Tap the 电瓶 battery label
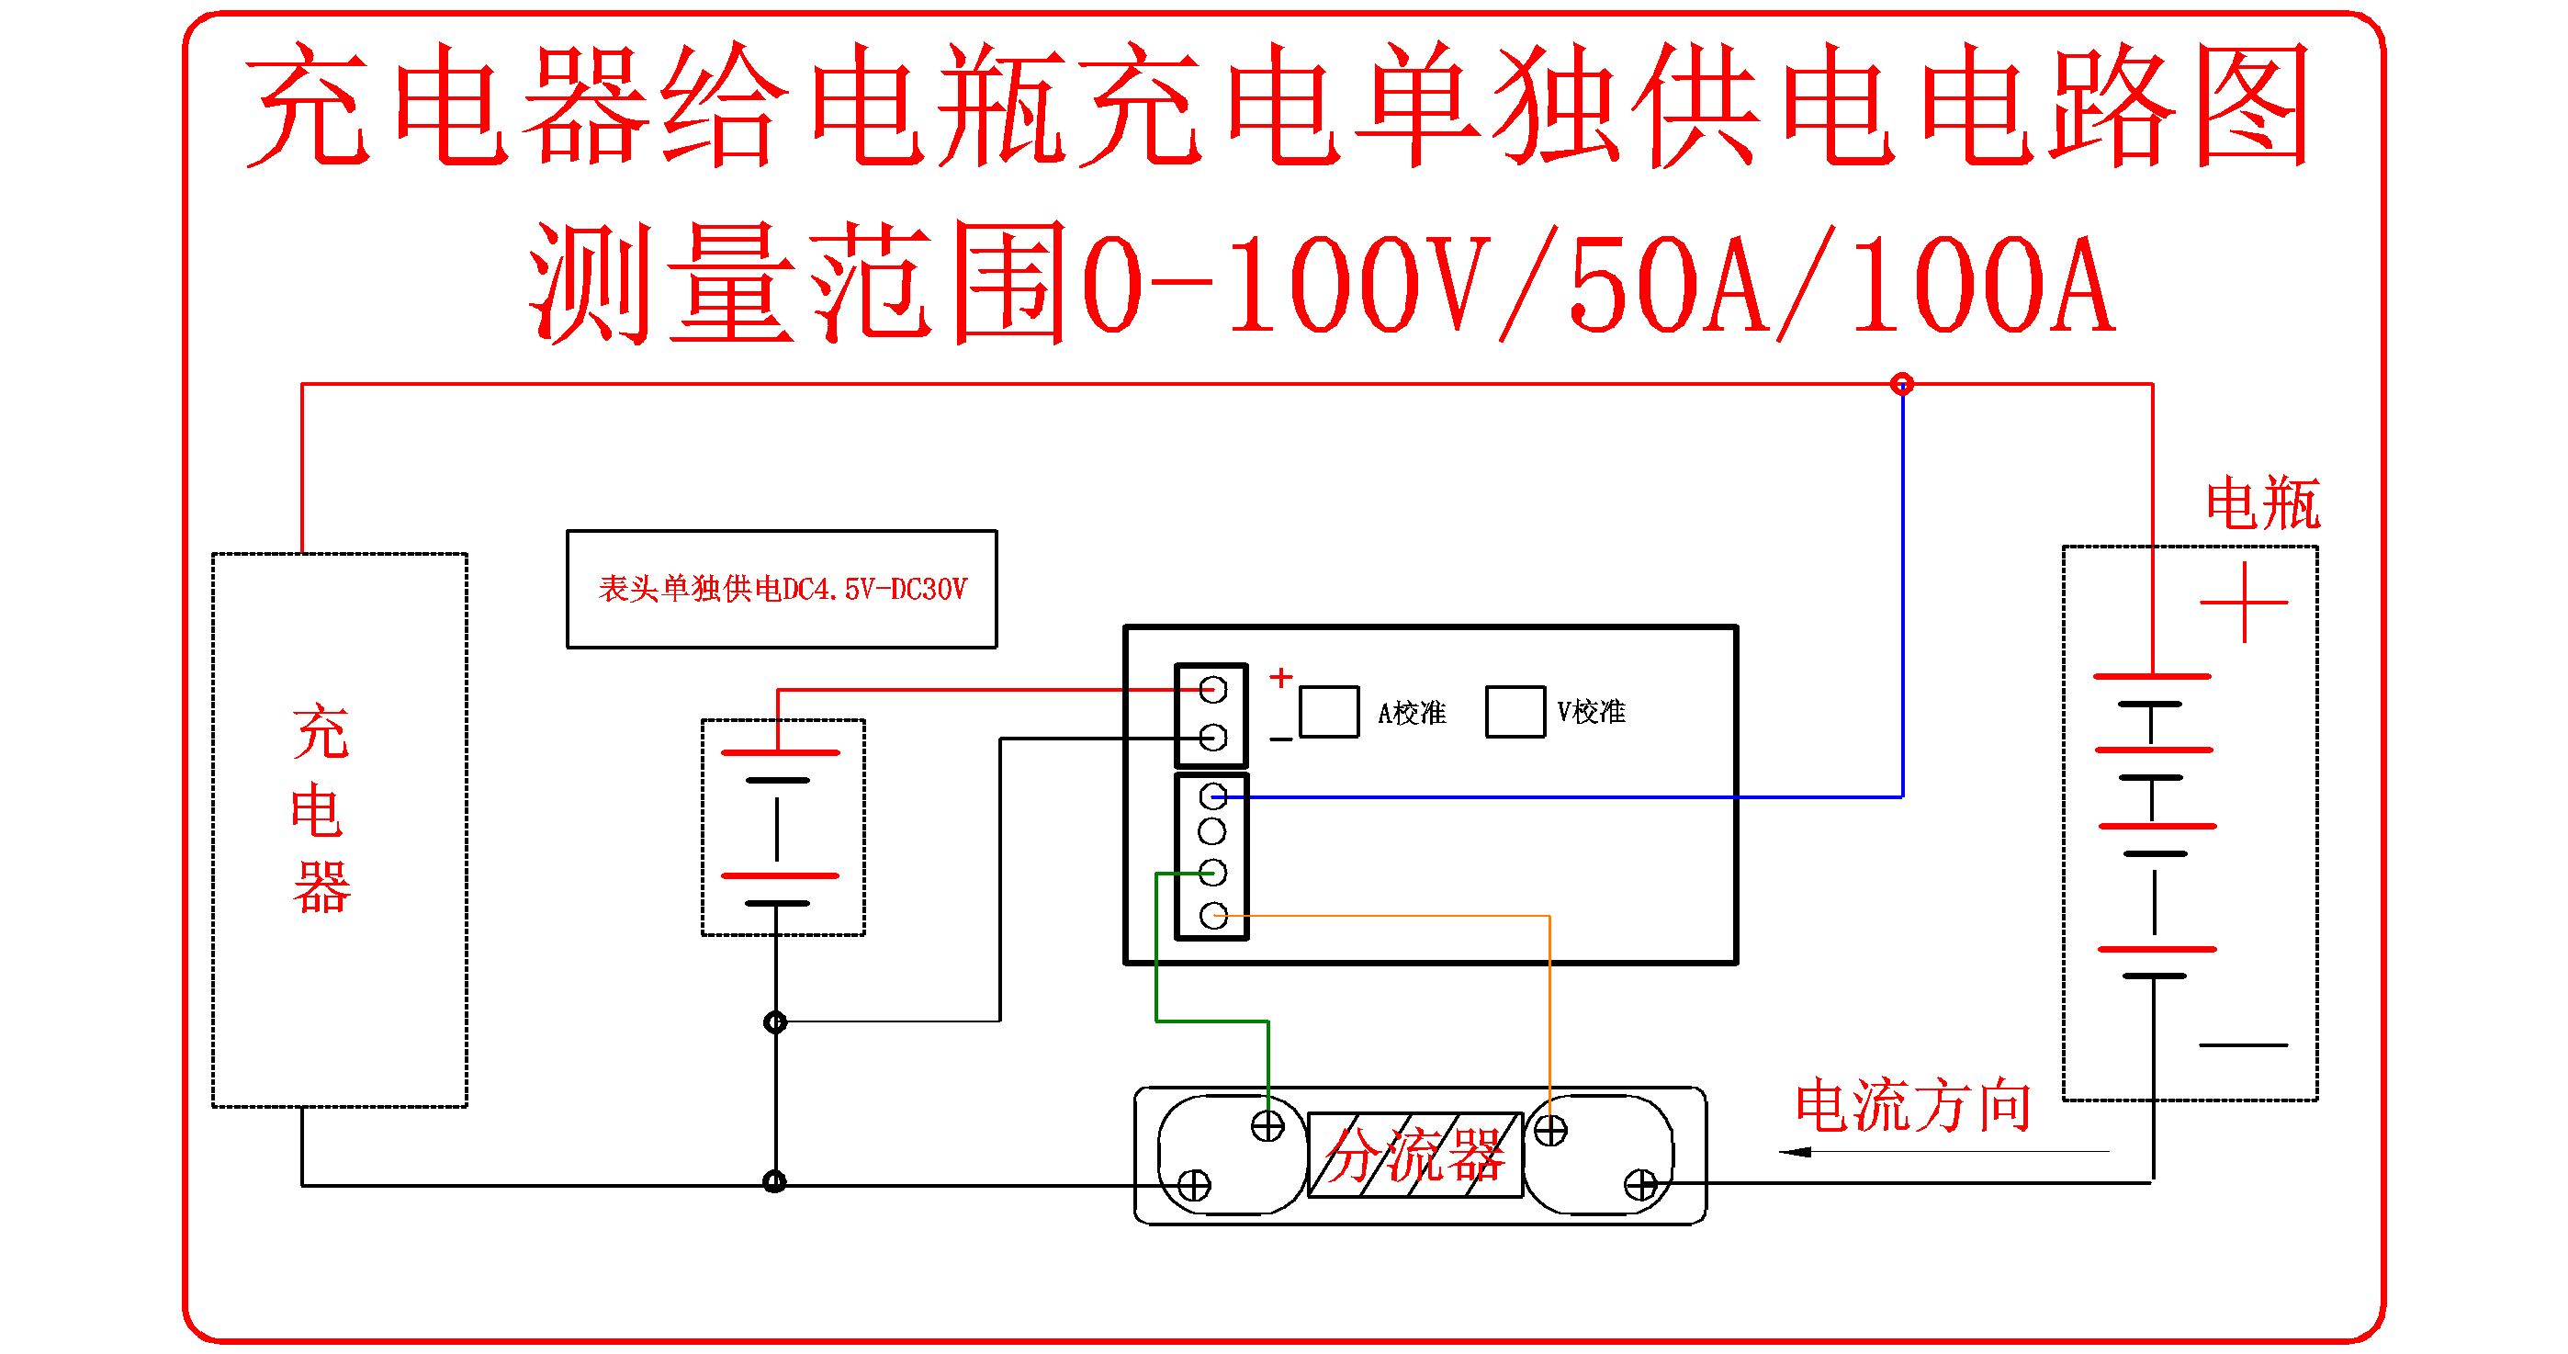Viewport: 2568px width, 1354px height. click(x=2262, y=503)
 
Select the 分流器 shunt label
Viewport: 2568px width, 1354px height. click(x=1414, y=1157)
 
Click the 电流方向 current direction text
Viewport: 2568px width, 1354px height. click(x=1913, y=1107)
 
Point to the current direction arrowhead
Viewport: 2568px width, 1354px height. click(x=1795, y=1153)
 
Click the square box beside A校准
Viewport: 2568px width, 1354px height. click(x=1329, y=712)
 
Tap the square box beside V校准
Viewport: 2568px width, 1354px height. click(x=1515, y=712)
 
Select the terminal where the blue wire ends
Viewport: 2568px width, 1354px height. click(x=1213, y=795)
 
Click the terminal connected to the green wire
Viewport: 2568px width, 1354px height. click(x=1213, y=874)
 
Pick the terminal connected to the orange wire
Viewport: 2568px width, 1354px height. click(x=1213, y=915)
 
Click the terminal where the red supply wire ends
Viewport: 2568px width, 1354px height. click(x=1213, y=689)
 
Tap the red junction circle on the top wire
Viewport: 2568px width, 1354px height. click(x=1902, y=384)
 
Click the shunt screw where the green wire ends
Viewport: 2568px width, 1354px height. click(x=1268, y=1127)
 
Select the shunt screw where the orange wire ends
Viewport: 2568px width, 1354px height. click(x=1550, y=1131)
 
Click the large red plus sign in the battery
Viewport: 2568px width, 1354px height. click(x=2244, y=603)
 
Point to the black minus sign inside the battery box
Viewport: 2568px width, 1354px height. click(x=2243, y=1045)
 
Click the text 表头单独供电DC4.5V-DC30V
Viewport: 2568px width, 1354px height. click(x=783, y=589)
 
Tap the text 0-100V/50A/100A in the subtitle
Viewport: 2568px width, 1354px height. click(x=1595, y=284)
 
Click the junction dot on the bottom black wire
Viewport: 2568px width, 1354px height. click(x=774, y=1182)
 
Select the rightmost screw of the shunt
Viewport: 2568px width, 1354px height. click(x=1641, y=1186)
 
